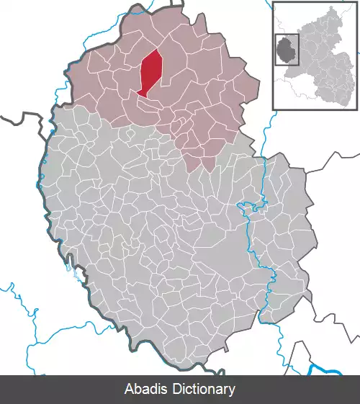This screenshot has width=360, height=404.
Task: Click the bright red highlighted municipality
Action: [x=150, y=72]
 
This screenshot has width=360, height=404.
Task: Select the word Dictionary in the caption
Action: [x=202, y=389]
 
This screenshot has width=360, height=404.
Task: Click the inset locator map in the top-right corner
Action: [x=315, y=55]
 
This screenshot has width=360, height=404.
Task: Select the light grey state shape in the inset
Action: [x=328, y=65]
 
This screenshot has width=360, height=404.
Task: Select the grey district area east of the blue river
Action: [x=288, y=238]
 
